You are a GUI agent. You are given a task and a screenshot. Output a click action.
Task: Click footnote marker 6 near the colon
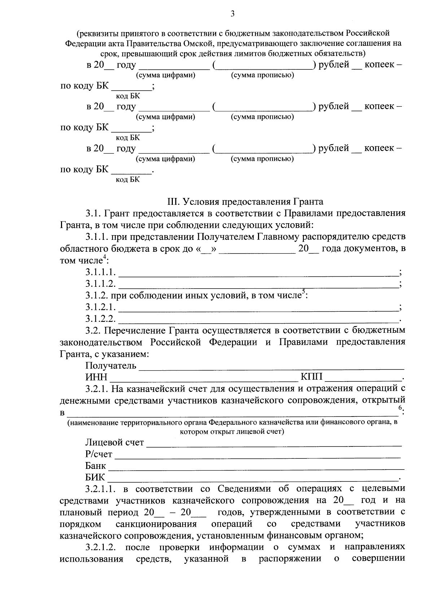[400, 407]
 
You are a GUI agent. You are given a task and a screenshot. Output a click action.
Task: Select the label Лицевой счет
[114, 442]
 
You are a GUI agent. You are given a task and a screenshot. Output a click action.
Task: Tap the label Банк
[95, 466]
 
